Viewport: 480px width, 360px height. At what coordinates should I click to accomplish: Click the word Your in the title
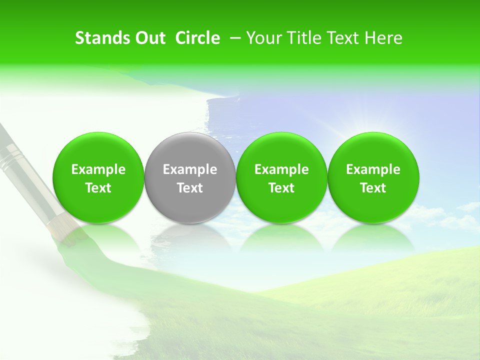tap(263, 38)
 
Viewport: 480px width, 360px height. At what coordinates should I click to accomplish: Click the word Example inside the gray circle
tap(190, 169)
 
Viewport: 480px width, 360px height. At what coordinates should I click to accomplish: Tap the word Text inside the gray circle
tap(190, 188)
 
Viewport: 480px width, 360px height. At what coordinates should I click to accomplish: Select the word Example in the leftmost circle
tap(98, 169)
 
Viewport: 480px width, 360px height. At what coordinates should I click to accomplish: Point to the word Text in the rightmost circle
tap(373, 188)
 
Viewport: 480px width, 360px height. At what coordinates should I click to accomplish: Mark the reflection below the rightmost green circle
tap(373, 237)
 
